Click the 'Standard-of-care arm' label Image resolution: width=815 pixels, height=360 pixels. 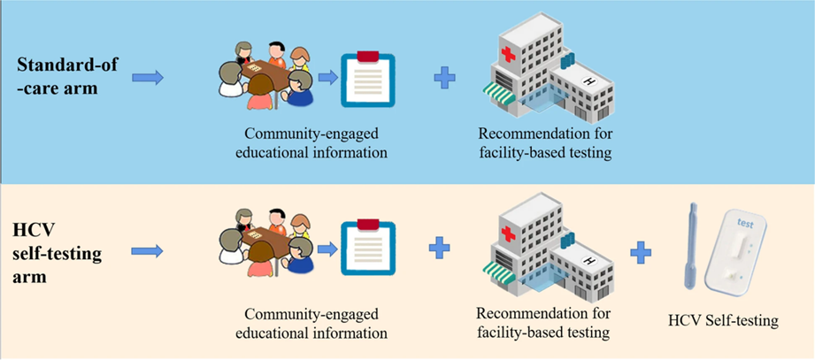coord(67,77)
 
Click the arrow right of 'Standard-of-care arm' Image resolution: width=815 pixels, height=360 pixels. coord(148,78)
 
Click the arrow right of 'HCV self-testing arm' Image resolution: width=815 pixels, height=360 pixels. coord(147,251)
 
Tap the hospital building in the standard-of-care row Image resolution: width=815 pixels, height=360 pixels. coord(549,73)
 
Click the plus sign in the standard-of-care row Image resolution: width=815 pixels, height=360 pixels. coord(445,78)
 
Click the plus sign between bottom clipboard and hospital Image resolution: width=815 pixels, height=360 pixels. coord(439,248)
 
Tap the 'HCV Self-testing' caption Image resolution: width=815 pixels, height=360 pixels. coord(723,320)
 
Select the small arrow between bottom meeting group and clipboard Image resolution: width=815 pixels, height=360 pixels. coord(327,249)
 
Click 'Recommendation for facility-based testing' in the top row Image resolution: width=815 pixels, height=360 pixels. coord(545,143)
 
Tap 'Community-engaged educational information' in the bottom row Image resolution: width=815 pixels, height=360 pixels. coord(311,324)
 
